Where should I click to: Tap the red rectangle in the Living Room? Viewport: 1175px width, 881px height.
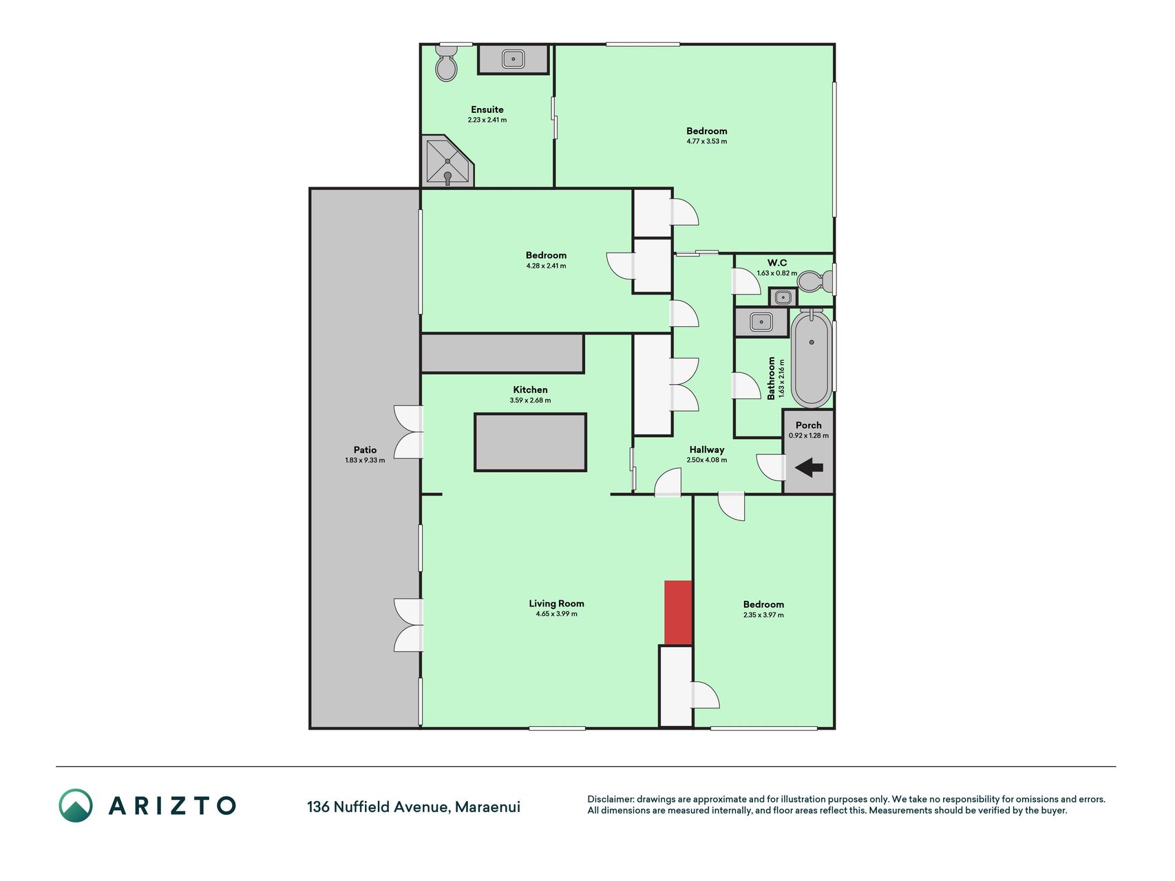pyautogui.click(x=678, y=613)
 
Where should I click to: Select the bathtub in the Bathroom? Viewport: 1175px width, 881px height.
pyautogui.click(x=812, y=359)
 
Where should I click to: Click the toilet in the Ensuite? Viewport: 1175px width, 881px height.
pyautogui.click(x=447, y=64)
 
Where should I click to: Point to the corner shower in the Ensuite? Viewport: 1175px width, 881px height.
pyautogui.click(x=448, y=162)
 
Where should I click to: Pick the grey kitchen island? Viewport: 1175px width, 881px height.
pyautogui.click(x=530, y=443)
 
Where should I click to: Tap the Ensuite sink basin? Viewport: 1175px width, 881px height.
pyautogui.click(x=514, y=59)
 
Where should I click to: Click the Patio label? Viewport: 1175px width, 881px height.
pyautogui.click(x=365, y=450)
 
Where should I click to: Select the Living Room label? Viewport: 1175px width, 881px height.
pyautogui.click(x=556, y=604)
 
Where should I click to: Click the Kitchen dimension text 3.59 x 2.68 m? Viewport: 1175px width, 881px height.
pyautogui.click(x=530, y=401)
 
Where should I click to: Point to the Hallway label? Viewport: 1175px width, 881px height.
pyautogui.click(x=707, y=449)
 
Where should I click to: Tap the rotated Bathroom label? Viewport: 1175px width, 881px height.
pyautogui.click(x=772, y=378)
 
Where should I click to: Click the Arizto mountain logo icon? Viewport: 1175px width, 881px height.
pyautogui.click(x=76, y=805)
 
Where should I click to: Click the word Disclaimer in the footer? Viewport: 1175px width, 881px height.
pyautogui.click(x=609, y=799)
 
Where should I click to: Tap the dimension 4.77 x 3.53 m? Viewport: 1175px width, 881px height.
pyautogui.click(x=706, y=142)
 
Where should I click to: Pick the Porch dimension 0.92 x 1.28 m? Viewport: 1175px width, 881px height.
pyautogui.click(x=809, y=436)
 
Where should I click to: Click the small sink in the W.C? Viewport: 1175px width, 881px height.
pyautogui.click(x=783, y=297)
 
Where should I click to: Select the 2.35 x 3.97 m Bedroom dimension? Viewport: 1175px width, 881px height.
pyautogui.click(x=763, y=615)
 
